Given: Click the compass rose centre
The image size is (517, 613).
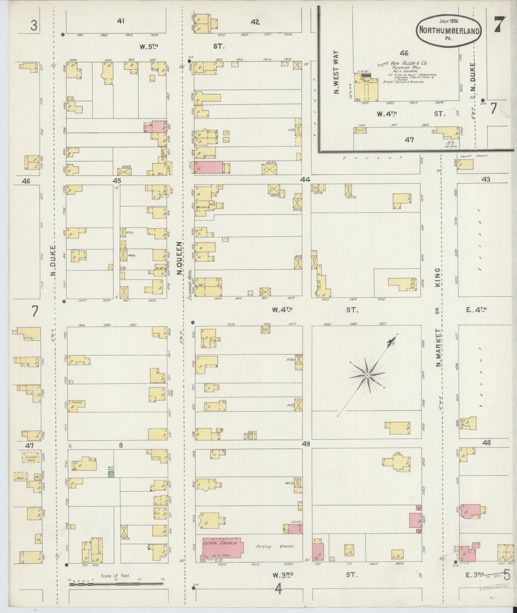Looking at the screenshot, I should point(368,375).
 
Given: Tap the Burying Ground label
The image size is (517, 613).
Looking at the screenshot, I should point(275,547).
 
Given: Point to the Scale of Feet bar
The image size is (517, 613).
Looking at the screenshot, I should point(116,584).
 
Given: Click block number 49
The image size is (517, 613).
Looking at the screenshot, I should point(306,444).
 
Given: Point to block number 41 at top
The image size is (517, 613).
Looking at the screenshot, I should point(121,21).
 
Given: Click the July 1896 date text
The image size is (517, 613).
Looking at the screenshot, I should point(449,21).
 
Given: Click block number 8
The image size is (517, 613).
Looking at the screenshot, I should point(121,445).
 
